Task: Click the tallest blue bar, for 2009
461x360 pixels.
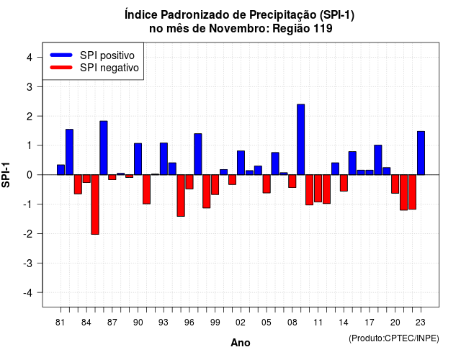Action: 301,139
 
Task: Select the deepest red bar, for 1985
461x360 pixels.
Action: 95,204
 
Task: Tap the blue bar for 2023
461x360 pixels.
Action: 421,153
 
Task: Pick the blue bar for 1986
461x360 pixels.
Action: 104,148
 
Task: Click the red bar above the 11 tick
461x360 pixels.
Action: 318,189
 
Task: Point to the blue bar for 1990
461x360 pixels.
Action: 138,159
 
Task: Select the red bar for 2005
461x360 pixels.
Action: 267,184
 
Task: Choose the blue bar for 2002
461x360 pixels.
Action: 241,163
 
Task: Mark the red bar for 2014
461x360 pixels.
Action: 344,183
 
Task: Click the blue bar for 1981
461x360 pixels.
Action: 61,170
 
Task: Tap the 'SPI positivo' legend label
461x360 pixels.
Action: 107,55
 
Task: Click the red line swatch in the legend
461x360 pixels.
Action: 61,67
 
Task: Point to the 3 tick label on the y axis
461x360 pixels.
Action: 30,86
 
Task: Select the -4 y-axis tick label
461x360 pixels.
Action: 27,293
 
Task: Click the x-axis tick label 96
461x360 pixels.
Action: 189,323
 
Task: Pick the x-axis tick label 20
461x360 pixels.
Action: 395,323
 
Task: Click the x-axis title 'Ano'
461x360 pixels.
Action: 241,343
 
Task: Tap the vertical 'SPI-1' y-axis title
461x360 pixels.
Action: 6,175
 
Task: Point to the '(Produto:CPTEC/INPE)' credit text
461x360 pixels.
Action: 394,338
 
